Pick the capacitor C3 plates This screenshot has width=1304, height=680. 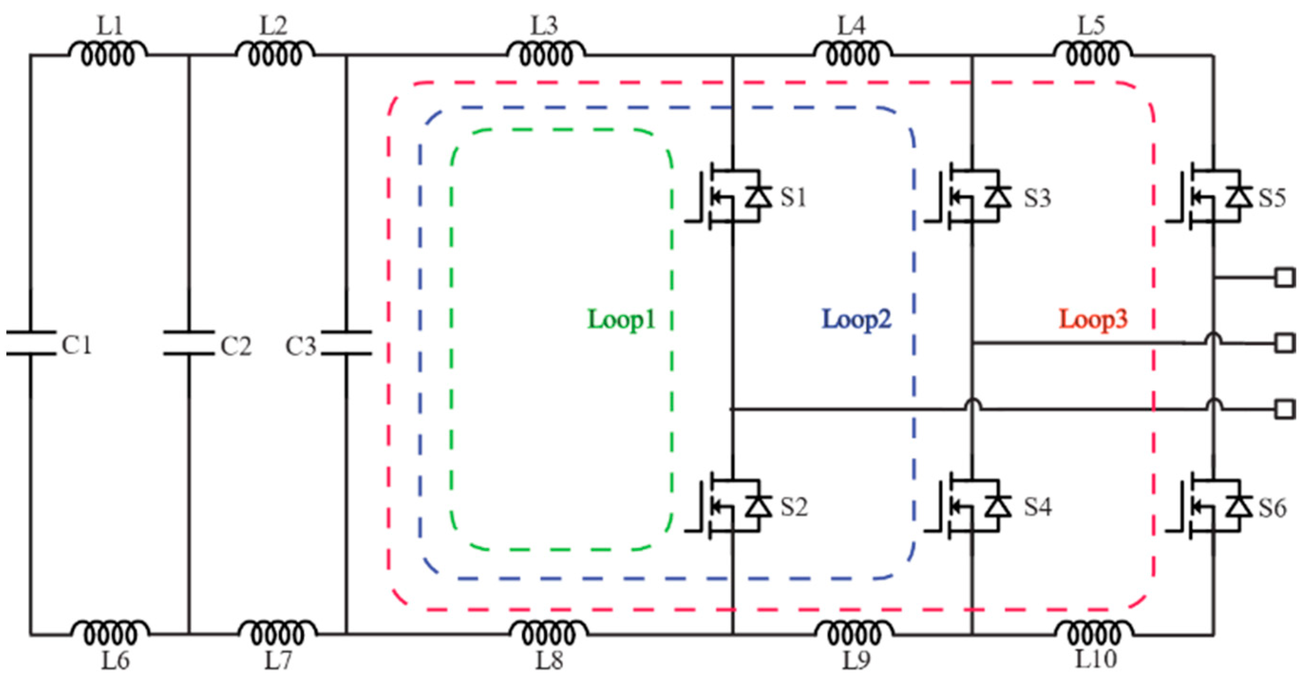(347, 343)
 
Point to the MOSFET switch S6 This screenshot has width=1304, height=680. (1210, 506)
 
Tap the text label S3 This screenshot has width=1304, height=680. (1038, 198)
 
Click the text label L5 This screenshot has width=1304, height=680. (1091, 25)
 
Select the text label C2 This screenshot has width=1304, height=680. (236, 346)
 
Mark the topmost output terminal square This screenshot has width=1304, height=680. (1285, 278)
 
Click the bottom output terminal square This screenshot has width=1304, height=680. (1285, 409)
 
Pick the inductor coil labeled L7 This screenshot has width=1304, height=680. (277, 633)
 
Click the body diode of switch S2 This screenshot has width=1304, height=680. (758, 506)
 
